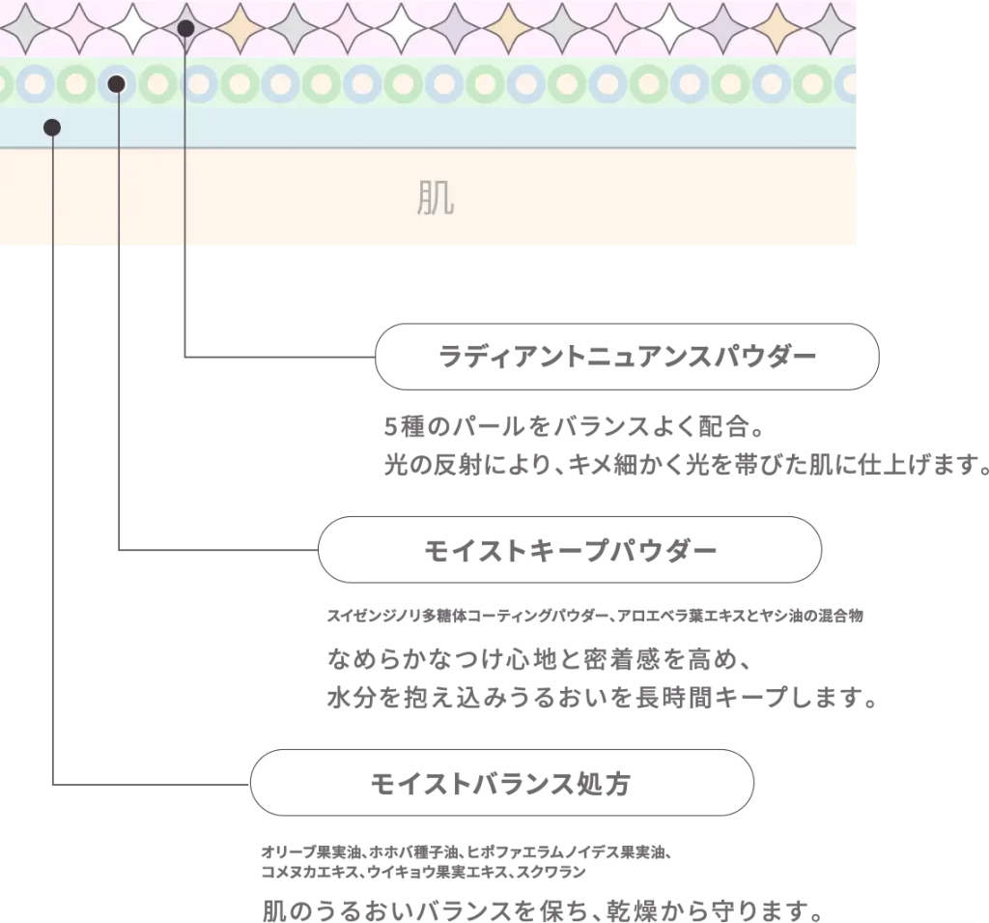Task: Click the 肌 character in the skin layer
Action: [436, 198]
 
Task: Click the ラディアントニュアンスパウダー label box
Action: [627, 357]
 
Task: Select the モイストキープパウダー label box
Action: [570, 550]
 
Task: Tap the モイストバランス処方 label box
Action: [502, 783]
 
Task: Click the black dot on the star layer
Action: [185, 28]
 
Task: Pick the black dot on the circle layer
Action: [117, 84]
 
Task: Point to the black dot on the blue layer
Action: [52, 129]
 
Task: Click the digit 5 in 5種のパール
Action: [390, 427]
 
